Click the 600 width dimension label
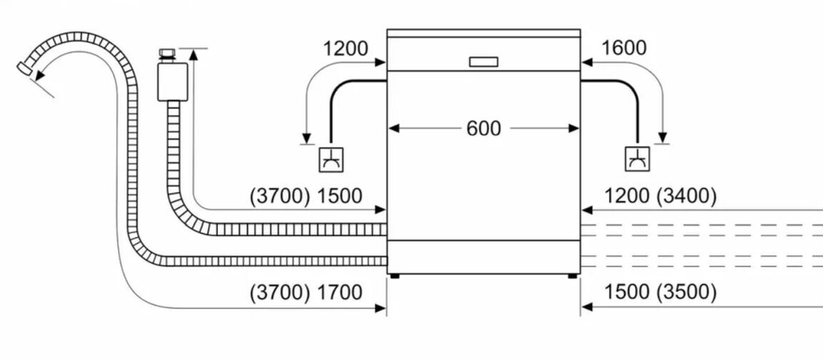484,129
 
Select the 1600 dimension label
624,48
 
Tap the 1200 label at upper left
345,49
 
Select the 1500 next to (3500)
627,292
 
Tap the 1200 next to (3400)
627,196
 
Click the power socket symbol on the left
331,159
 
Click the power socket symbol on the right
637,159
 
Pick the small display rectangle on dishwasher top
484,61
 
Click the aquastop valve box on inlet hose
171,80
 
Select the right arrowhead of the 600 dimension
575,129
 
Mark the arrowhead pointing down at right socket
663,138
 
